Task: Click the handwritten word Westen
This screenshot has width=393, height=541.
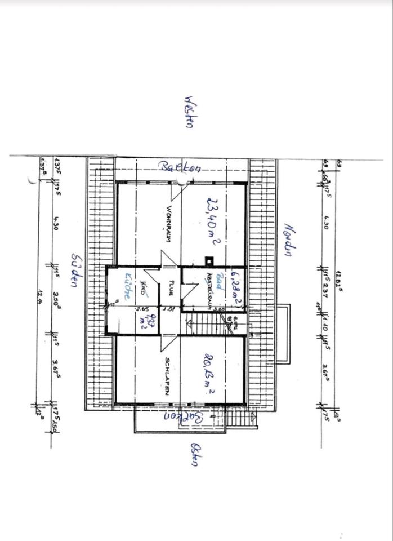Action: [189, 112]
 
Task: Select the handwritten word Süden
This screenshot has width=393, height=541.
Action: [75, 270]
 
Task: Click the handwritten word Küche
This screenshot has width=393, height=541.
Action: [129, 285]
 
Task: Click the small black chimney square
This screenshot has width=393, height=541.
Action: [209, 260]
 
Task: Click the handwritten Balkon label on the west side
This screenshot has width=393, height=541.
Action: [180, 167]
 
